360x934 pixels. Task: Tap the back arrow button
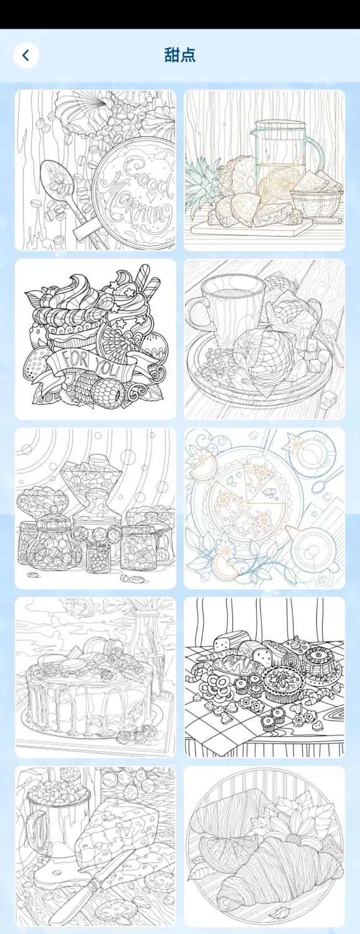[26, 55]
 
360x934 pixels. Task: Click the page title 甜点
[180, 55]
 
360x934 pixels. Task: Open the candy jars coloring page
[95, 508]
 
